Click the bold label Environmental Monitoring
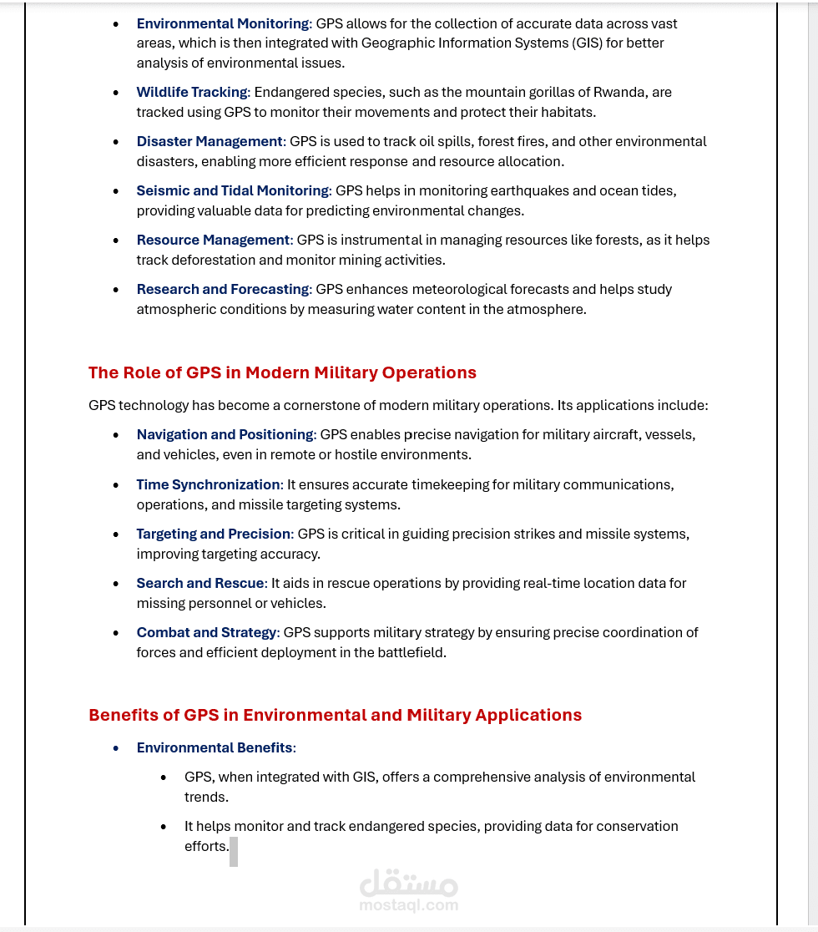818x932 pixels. click(223, 23)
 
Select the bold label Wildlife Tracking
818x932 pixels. click(192, 92)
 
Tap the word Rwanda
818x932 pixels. click(618, 92)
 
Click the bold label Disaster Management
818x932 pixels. click(210, 141)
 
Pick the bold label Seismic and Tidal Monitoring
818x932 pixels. click(233, 190)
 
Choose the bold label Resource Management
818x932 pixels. click(213, 240)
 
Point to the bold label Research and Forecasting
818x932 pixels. click(223, 289)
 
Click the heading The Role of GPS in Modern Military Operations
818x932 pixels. click(282, 372)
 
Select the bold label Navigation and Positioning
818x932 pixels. click(225, 434)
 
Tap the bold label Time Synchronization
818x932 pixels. click(209, 484)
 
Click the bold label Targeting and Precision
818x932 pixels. click(214, 534)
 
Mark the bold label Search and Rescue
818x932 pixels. click(200, 583)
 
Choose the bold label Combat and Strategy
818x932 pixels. click(206, 632)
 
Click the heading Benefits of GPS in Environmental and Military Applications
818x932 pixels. click(335, 715)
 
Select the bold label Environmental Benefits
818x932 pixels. click(215, 747)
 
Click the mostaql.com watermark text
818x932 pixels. click(409, 904)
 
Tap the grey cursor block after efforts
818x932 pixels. click(234, 851)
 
